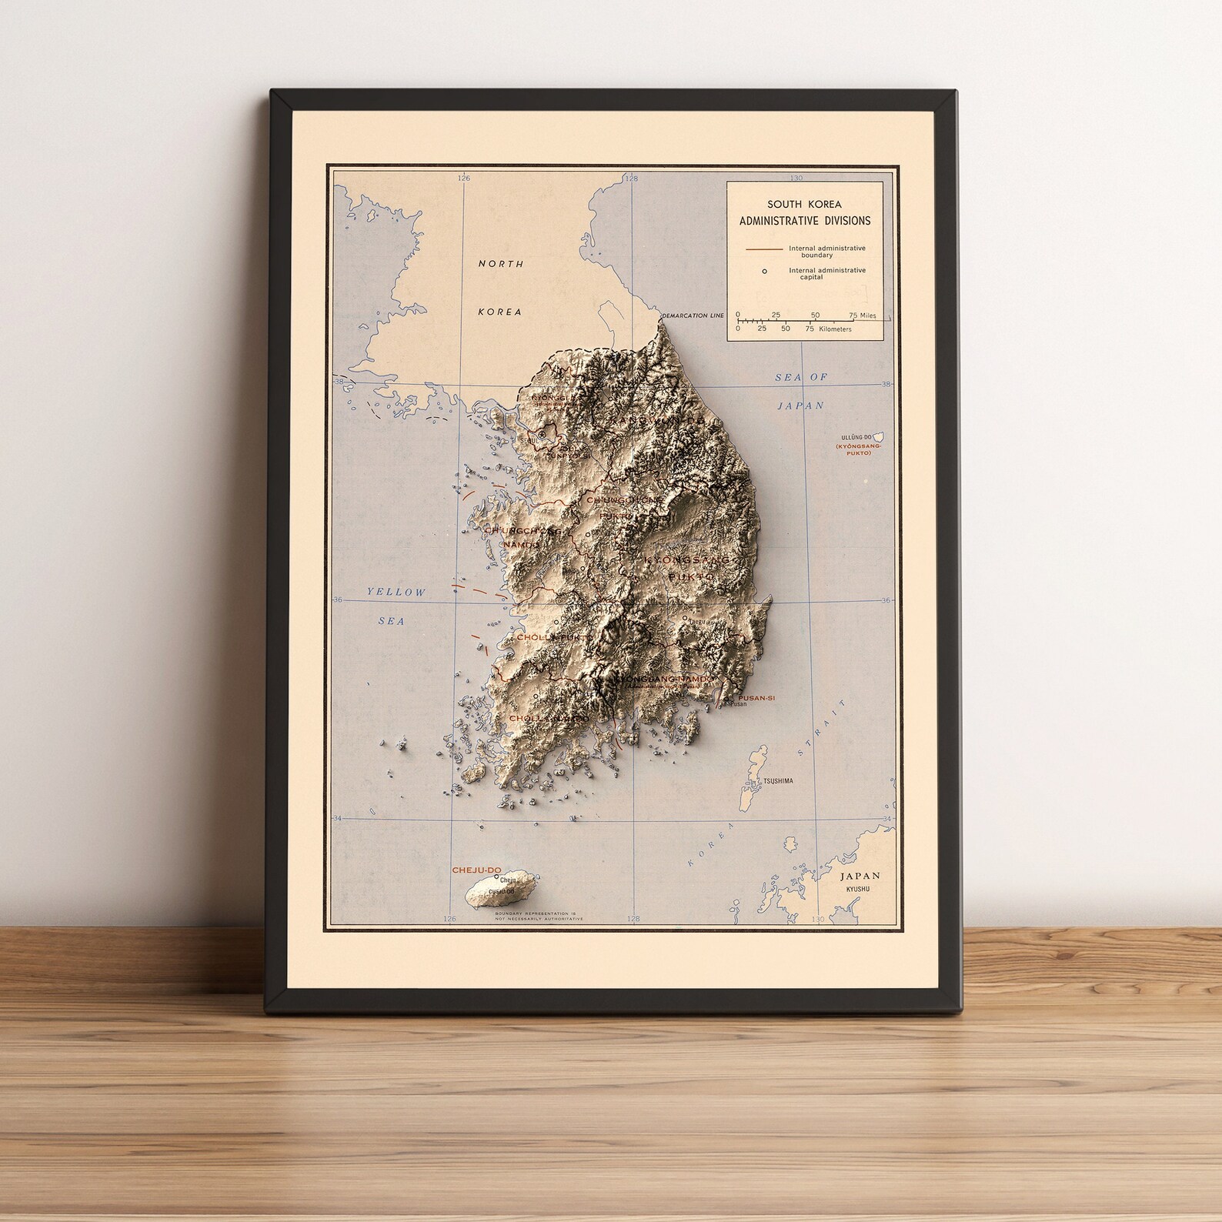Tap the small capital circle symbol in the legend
764,271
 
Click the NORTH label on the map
501,264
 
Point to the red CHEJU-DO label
479,870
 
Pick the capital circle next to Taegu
684,617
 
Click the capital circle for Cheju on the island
496,877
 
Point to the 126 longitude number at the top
462,178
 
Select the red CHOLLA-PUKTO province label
555,638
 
